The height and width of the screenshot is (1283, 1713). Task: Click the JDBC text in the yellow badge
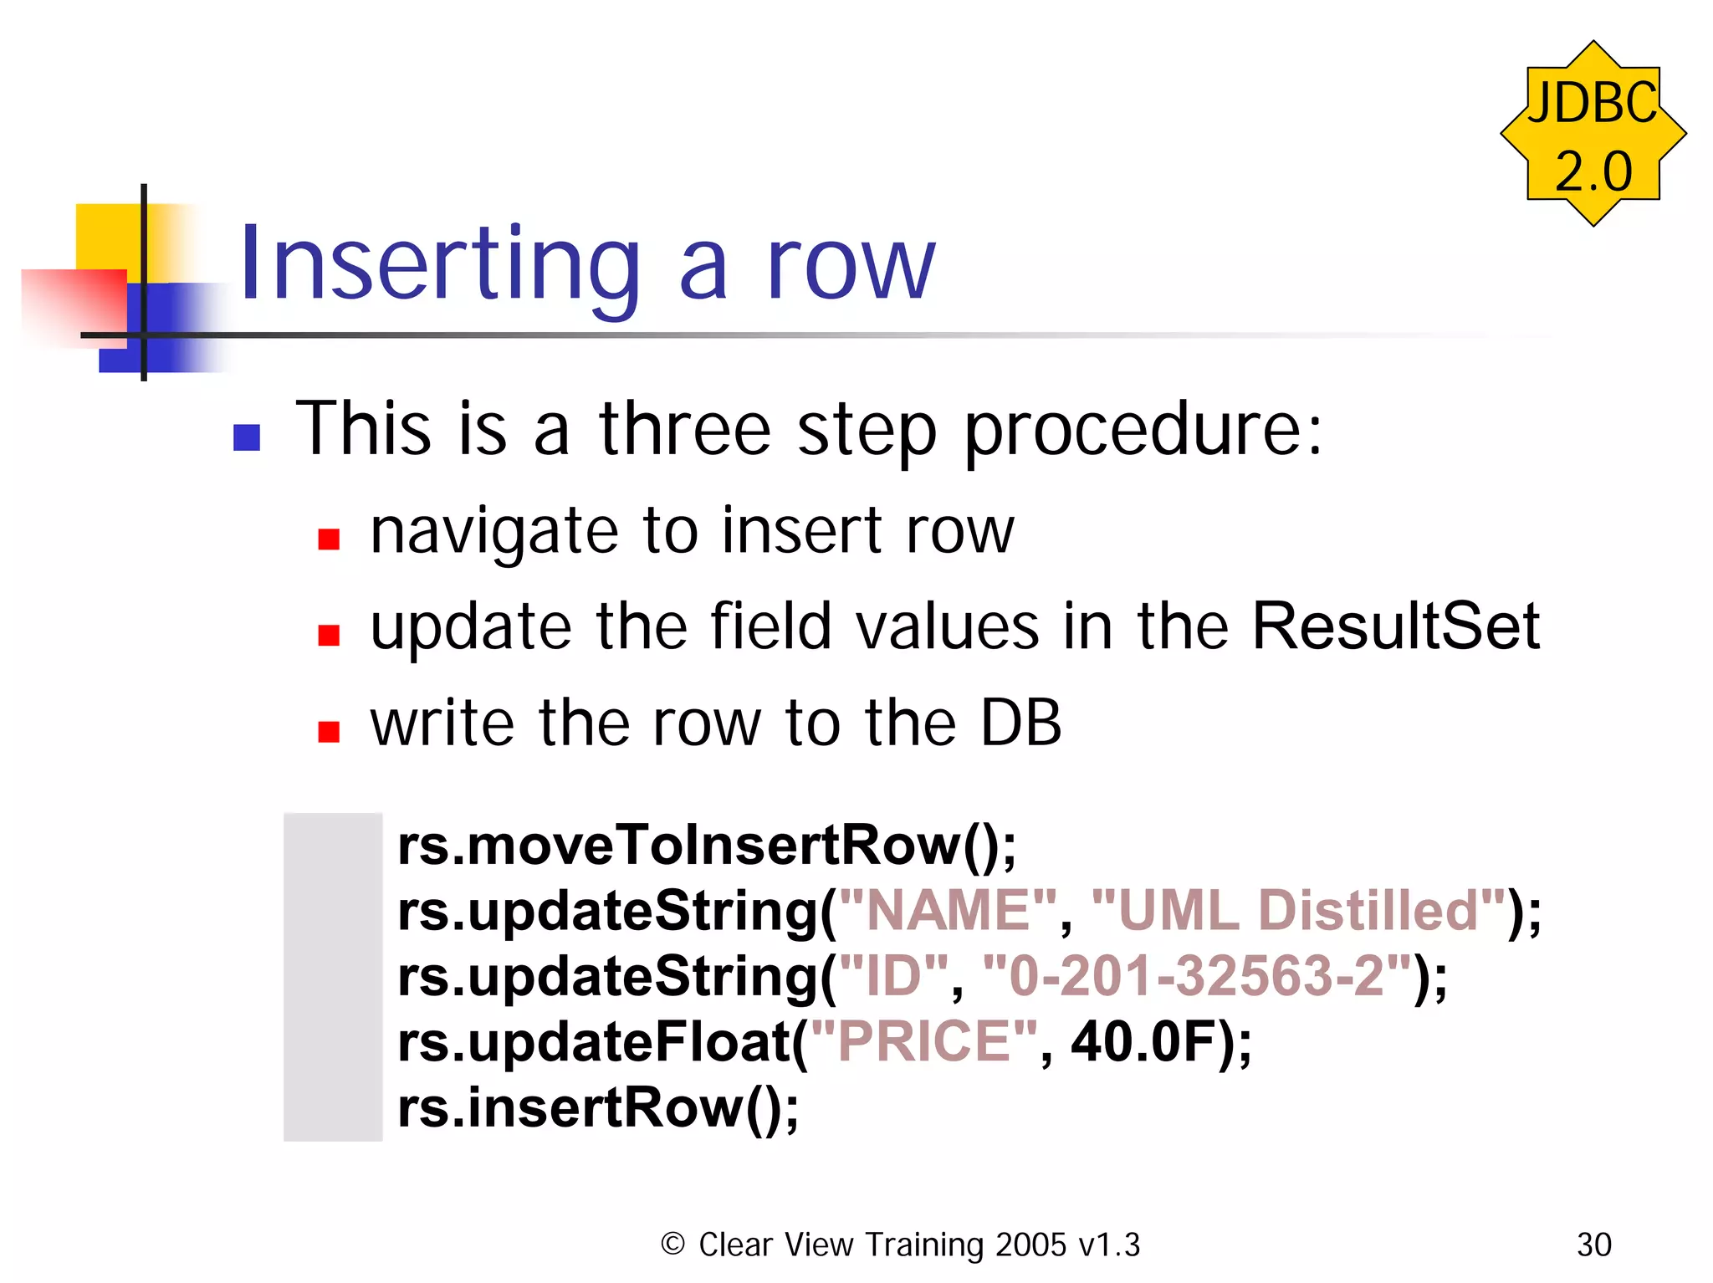coord(1592,103)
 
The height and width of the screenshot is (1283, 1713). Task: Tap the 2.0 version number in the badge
coord(1593,171)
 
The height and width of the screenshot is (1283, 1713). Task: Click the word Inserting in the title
coord(440,266)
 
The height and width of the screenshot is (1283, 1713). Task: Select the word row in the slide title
coord(851,266)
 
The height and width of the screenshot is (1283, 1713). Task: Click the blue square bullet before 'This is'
coord(247,437)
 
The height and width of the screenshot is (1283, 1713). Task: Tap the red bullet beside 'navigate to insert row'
coord(329,539)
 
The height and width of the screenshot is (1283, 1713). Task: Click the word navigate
coord(493,532)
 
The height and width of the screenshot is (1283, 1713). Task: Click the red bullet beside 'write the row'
coord(329,732)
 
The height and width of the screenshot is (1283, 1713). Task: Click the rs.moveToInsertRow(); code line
coord(707,846)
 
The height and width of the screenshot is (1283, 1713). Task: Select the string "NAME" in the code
coord(949,911)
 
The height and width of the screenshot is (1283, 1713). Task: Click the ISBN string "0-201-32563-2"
coord(1196,976)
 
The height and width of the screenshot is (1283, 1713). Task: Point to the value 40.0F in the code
coord(1143,1042)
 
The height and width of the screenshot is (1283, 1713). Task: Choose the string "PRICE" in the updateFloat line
coord(923,1042)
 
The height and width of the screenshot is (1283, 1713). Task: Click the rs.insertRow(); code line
coord(598,1108)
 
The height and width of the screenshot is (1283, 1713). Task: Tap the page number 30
coord(1593,1245)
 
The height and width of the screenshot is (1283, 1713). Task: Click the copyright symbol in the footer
coord(672,1245)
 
